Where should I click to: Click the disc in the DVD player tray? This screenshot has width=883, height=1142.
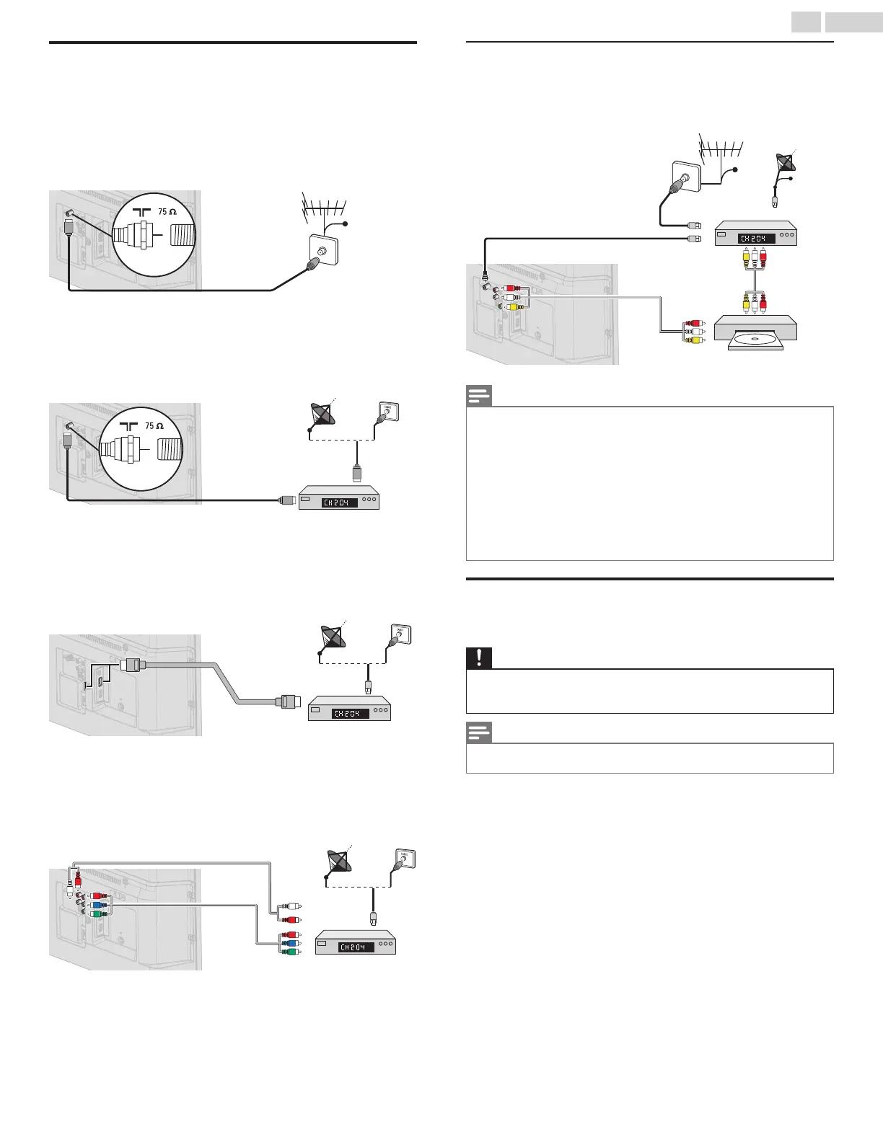tap(755, 339)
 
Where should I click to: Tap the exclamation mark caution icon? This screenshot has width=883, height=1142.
tap(479, 658)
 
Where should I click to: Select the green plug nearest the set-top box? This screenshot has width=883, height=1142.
tap(290, 952)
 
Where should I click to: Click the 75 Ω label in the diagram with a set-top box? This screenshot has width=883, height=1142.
tap(154, 425)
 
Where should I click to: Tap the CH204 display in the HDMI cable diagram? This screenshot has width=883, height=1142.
tap(351, 713)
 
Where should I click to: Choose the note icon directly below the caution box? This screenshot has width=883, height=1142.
tap(479, 733)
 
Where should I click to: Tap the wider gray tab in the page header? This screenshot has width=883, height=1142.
tap(853, 23)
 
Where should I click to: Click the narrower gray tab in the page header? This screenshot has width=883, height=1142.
tap(806, 23)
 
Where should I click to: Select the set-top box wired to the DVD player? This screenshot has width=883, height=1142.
tap(755, 236)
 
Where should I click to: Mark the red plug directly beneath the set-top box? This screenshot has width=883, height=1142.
tap(762, 258)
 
